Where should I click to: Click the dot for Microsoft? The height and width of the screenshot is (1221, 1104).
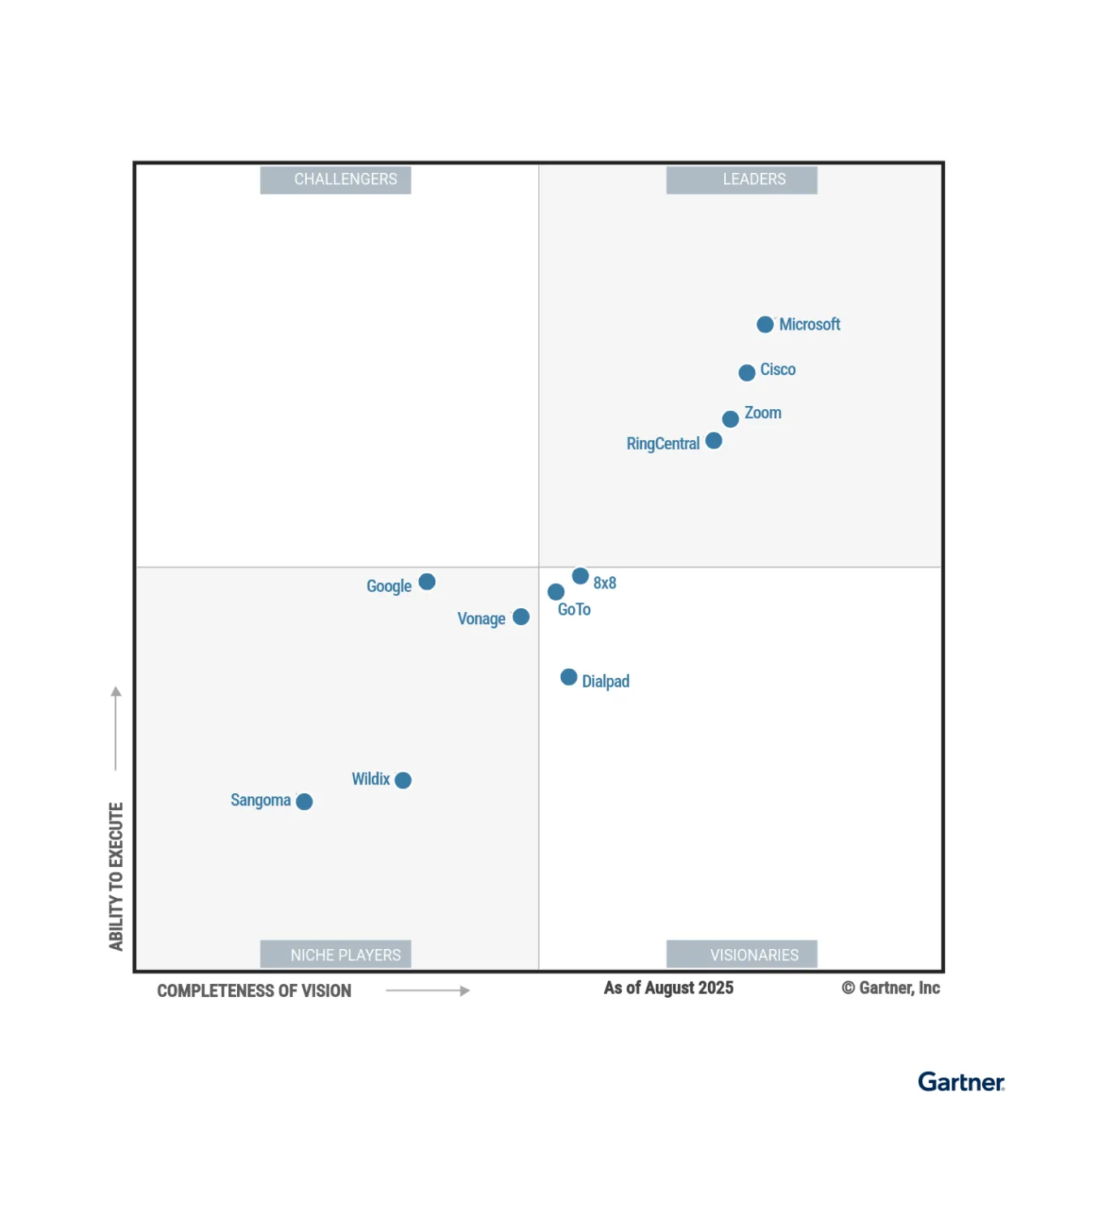pos(765,325)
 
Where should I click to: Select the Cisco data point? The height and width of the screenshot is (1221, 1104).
pos(747,373)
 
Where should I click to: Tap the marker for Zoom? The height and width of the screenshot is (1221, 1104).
pos(731,419)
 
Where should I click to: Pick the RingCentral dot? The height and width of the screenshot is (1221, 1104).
pos(714,440)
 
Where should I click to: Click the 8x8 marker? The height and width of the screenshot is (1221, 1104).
pos(580,576)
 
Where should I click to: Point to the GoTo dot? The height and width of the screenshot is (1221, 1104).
pos(556,592)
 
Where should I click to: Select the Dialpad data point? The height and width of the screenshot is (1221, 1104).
pos(569,677)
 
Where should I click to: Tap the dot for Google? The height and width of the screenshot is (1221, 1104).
pos(427,582)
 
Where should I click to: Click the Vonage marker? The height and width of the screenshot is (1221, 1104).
pos(521,617)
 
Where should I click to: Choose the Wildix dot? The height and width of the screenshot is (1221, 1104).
pos(403,780)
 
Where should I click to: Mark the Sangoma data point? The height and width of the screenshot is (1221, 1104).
pos(304,802)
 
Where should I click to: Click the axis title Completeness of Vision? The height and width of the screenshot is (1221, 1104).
pos(254,990)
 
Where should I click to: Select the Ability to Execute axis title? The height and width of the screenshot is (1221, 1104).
pos(116,876)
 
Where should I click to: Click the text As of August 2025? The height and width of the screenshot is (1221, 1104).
pos(669,988)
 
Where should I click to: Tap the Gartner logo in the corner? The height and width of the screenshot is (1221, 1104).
pos(961,1082)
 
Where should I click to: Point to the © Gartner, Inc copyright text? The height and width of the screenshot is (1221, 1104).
pos(891,988)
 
